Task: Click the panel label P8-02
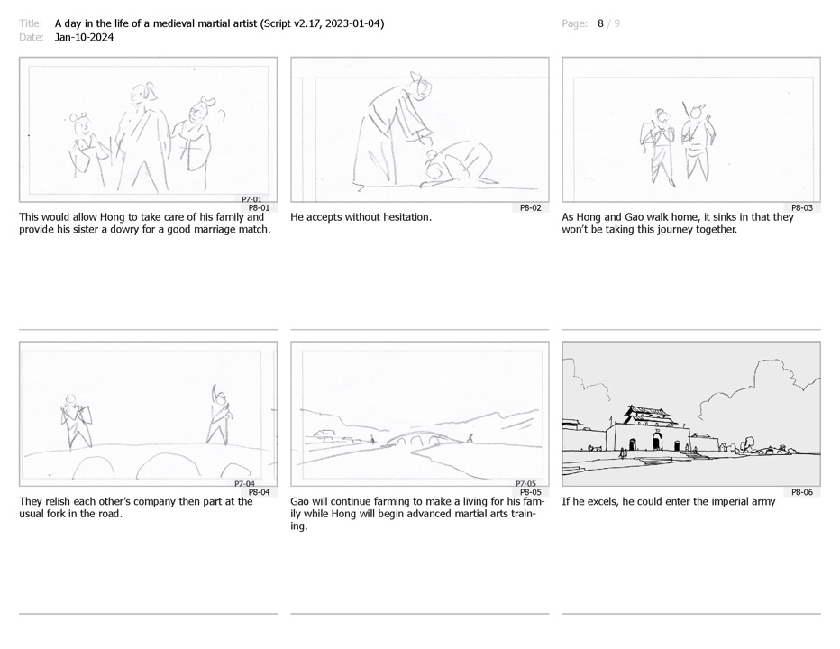530,208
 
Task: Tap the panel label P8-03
802,208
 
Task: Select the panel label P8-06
802,492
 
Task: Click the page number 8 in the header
600,23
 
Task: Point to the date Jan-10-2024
84,37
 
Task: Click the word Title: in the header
31,23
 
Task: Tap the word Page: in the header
574,23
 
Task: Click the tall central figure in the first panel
142,137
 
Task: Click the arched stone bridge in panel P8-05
418,438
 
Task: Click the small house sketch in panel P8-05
324,434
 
